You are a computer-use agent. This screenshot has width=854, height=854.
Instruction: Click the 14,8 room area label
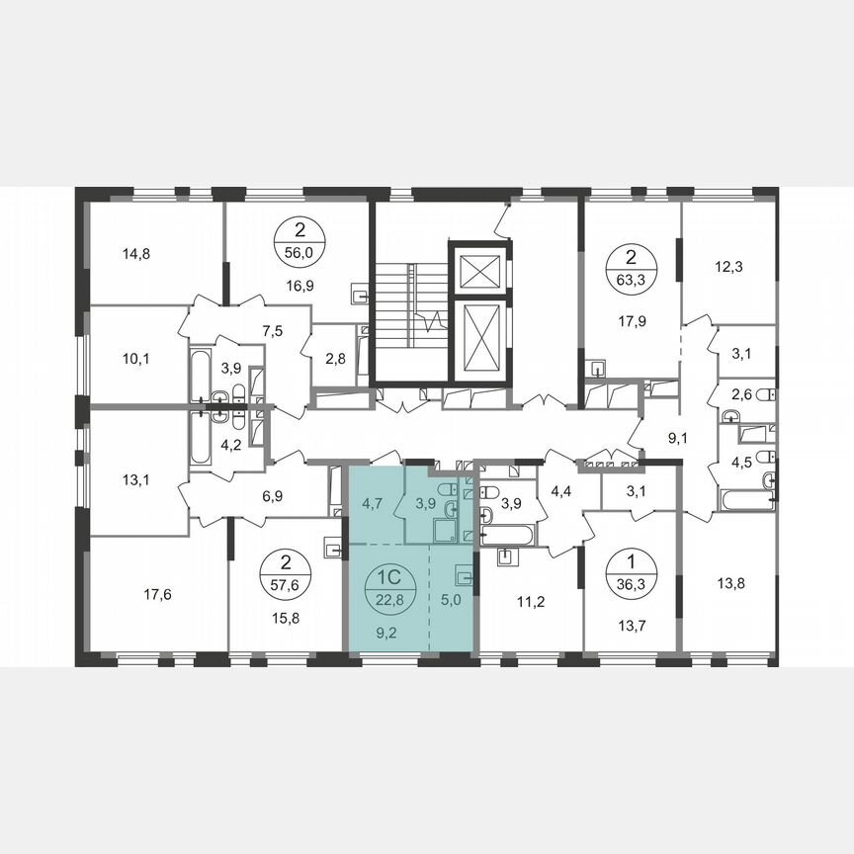coord(137,253)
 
